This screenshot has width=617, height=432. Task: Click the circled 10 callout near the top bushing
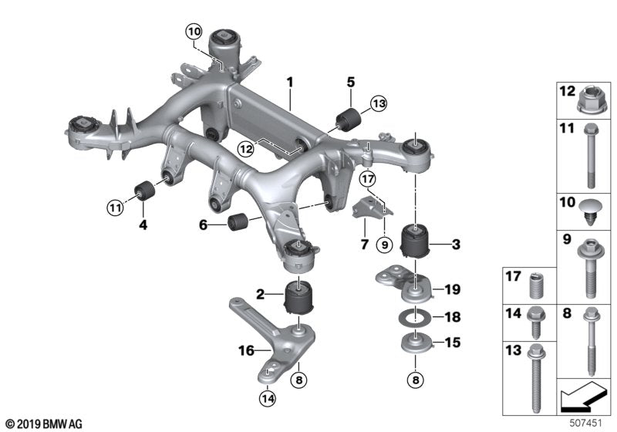coord(193,32)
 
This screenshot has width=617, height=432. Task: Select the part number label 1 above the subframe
coord(290,81)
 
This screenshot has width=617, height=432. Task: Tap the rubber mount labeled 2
coord(298,299)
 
